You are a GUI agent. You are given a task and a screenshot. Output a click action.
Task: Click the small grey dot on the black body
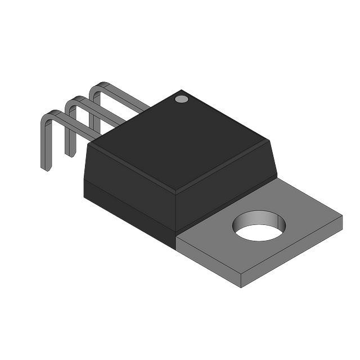(181, 99)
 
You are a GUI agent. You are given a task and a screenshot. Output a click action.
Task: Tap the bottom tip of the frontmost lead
(46, 168)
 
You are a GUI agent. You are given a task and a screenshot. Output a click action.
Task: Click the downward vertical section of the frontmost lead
(44, 143)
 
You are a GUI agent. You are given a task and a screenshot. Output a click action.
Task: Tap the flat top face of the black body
(180, 141)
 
